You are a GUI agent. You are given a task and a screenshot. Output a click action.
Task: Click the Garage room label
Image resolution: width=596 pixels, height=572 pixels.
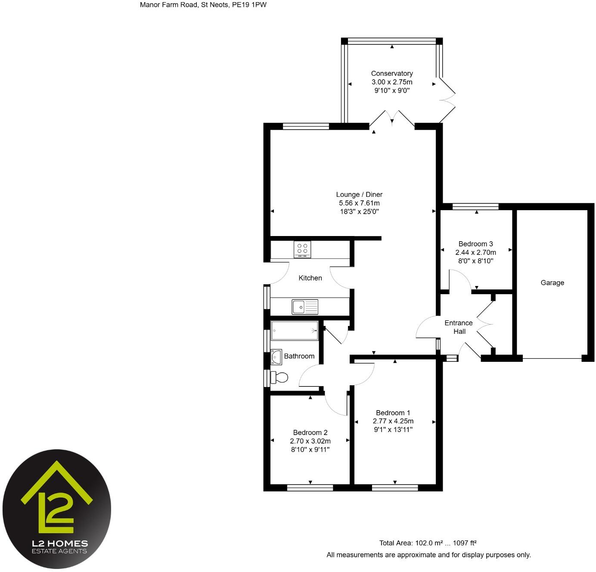tap(552, 283)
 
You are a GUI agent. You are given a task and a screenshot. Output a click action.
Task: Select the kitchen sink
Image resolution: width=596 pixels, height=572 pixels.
tap(305, 307)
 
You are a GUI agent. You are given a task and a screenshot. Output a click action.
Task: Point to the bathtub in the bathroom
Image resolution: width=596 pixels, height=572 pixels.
tap(295, 331)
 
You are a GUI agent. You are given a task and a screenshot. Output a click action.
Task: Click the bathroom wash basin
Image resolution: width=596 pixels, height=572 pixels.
tap(276, 357)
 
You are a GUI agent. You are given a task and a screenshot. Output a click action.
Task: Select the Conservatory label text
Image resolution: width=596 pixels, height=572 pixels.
tap(392, 74)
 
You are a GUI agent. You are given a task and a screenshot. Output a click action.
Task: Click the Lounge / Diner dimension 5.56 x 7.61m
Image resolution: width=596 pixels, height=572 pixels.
tap(359, 203)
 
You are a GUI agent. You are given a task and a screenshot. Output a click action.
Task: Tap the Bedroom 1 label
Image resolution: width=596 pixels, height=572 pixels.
tap(393, 413)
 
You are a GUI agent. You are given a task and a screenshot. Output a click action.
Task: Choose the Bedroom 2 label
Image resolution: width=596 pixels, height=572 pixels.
tap(310, 432)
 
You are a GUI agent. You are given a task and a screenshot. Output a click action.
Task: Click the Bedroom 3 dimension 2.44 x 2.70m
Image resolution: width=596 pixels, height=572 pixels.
tap(475, 252)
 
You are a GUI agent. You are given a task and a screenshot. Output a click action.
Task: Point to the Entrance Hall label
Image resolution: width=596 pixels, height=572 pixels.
tap(459, 327)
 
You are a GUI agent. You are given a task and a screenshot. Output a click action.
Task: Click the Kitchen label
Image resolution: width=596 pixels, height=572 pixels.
tap(310, 278)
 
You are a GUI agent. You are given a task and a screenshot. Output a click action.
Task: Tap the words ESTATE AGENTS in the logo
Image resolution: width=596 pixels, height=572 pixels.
tap(60, 551)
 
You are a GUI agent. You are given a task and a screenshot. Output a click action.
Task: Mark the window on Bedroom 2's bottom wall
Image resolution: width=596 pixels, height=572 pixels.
tap(310, 488)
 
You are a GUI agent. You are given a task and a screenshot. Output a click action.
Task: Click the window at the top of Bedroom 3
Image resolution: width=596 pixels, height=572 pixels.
tap(475, 207)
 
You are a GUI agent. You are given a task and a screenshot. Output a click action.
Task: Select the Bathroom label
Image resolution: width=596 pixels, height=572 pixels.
tap(299, 356)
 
